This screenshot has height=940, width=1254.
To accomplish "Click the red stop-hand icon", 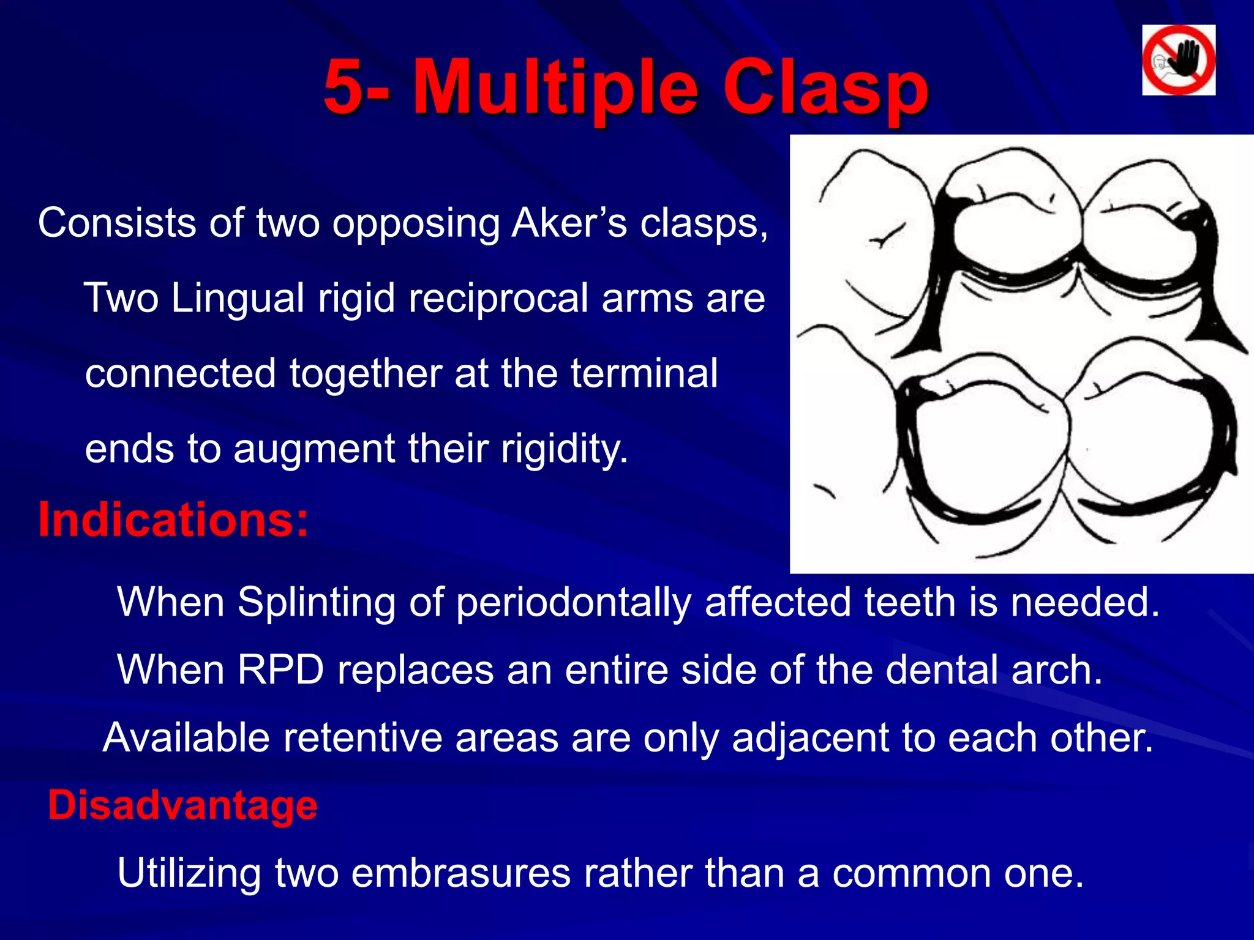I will point(1178,60).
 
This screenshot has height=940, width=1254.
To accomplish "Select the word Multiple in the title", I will point(555,88).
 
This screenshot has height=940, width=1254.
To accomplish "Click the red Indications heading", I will point(173,520).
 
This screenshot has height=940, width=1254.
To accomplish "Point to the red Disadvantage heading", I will point(182,805).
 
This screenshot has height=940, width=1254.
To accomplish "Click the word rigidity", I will point(564,449).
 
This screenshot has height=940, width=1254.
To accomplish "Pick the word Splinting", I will point(317,602).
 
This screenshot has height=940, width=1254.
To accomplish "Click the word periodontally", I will point(573,602).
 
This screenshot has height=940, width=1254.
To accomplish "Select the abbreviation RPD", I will point(281,670).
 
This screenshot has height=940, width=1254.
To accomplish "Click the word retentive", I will point(362,737).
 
